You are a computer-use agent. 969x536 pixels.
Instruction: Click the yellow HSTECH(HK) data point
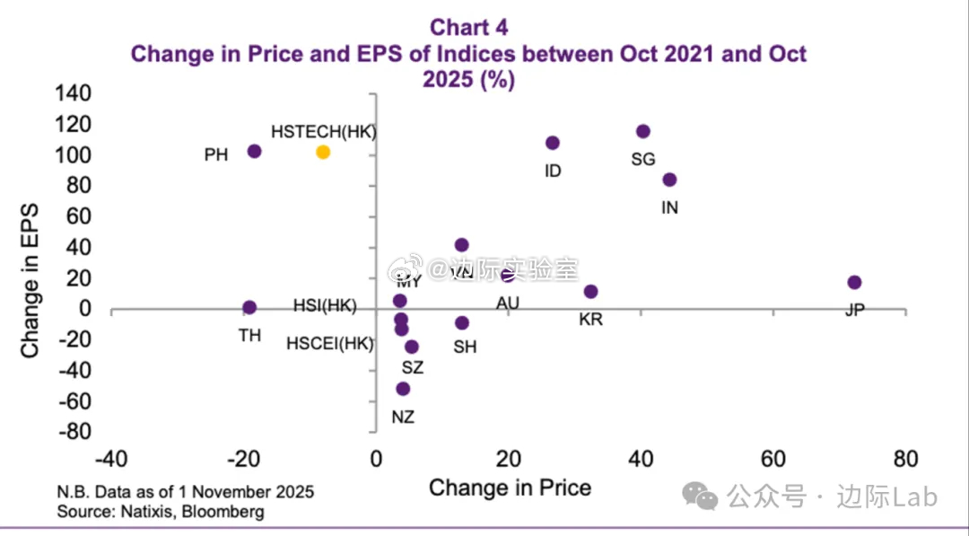click(x=323, y=153)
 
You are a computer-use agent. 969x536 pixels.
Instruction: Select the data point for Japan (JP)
click(x=854, y=283)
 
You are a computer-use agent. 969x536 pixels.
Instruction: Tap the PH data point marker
click(x=254, y=152)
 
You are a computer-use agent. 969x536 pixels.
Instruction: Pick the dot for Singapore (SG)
click(x=642, y=132)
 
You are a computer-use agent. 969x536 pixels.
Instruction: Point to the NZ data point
click(x=403, y=389)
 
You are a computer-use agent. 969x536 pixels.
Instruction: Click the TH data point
click(x=249, y=307)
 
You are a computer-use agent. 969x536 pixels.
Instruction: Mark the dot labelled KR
click(x=590, y=292)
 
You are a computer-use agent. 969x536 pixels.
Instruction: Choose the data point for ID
click(x=553, y=143)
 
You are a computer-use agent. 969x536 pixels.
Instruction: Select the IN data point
click(x=669, y=180)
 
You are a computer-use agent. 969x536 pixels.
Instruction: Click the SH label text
click(x=465, y=347)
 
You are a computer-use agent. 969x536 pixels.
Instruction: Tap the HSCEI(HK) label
click(x=329, y=343)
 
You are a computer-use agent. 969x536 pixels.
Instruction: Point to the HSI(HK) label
click(x=325, y=306)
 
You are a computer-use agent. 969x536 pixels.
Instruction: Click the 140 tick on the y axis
click(x=74, y=93)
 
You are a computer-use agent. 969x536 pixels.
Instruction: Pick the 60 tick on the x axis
click(x=773, y=460)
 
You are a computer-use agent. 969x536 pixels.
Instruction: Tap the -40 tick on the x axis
click(x=109, y=460)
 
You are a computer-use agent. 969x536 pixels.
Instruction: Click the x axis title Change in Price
click(x=510, y=488)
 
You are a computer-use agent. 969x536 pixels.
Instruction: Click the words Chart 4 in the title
click(x=468, y=28)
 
